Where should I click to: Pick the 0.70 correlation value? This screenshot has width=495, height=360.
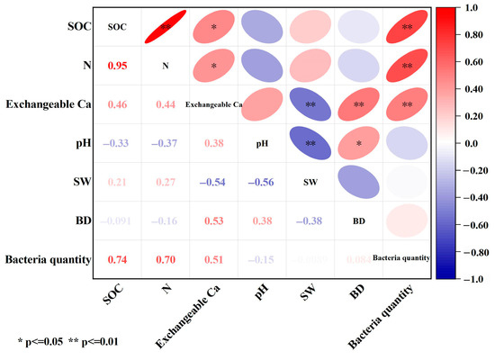click(166, 260)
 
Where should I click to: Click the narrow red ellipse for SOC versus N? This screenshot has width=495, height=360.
click(166, 27)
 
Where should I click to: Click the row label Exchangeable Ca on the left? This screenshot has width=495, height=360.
click(47, 104)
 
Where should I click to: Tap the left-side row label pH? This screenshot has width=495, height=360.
click(78, 143)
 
